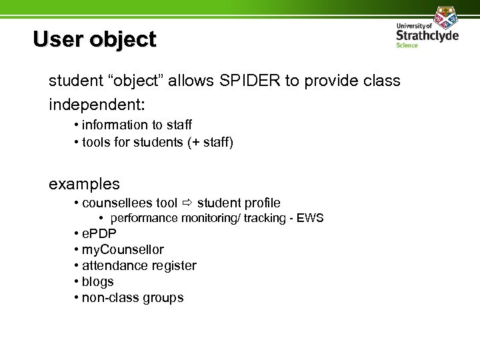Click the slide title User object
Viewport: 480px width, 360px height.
tap(94, 39)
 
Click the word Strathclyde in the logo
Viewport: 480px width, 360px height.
tap(427, 35)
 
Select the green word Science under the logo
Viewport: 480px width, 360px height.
tap(407, 45)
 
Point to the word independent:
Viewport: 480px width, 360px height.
tap(97, 105)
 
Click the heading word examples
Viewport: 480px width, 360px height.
tap(84, 183)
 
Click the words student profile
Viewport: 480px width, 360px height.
tap(239, 203)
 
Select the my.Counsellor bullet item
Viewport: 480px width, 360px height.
tap(123, 250)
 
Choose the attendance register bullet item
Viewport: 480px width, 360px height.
tap(139, 266)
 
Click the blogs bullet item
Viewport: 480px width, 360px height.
tap(97, 282)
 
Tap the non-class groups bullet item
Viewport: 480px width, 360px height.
tap(132, 298)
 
